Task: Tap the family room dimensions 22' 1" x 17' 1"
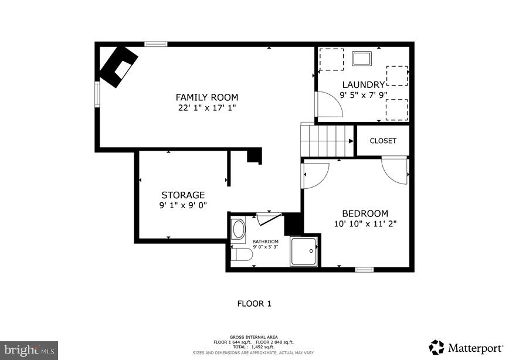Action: click(207, 108)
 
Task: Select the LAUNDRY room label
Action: click(363, 84)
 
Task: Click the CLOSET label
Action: click(383, 141)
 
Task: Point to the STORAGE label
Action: click(183, 195)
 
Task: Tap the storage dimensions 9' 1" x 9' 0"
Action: click(183, 205)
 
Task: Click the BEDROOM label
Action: click(365, 213)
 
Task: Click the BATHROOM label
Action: click(266, 242)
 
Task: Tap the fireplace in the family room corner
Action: click(118, 66)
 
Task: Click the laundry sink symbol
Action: click(361, 58)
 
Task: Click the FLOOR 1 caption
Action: click(254, 304)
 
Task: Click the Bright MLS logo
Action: click(29, 350)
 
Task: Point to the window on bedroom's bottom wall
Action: click(364, 270)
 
